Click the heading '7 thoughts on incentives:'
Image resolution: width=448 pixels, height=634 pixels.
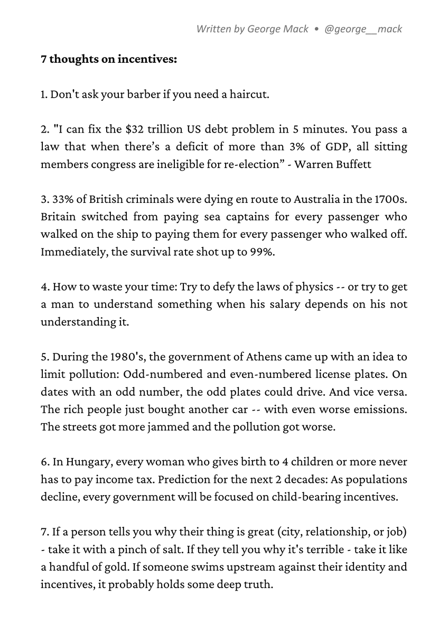[109, 59]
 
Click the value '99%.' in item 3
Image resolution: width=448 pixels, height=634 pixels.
[263, 251]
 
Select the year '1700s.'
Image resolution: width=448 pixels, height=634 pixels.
[390, 199]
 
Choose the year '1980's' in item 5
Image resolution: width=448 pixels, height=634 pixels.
[125, 357]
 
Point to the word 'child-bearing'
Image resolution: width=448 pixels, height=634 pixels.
[324, 497]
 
